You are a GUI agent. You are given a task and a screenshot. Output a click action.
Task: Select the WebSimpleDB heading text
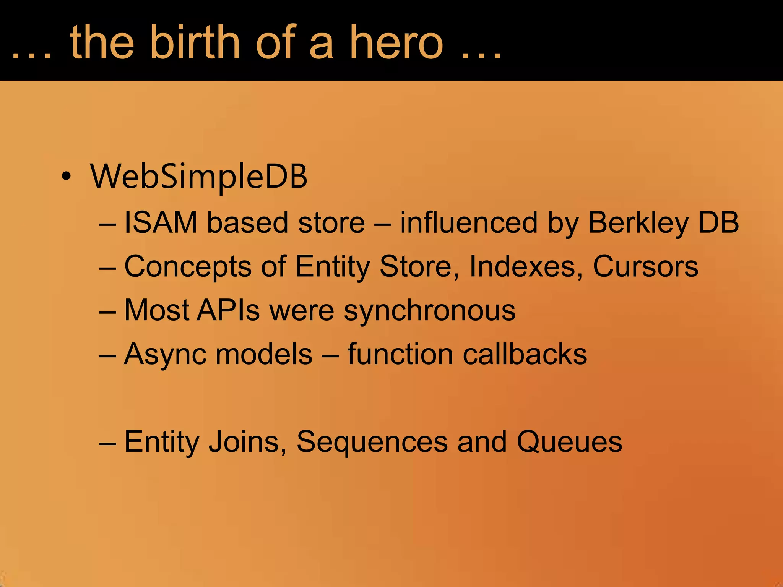click(x=198, y=177)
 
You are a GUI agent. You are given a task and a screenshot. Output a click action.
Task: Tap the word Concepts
click(x=188, y=266)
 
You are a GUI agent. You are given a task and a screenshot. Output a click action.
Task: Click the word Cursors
click(x=645, y=266)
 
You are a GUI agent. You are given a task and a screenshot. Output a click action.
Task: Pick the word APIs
click(x=228, y=310)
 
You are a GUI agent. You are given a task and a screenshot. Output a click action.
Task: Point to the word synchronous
click(x=429, y=311)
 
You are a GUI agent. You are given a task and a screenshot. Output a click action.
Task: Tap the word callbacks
click(x=525, y=354)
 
